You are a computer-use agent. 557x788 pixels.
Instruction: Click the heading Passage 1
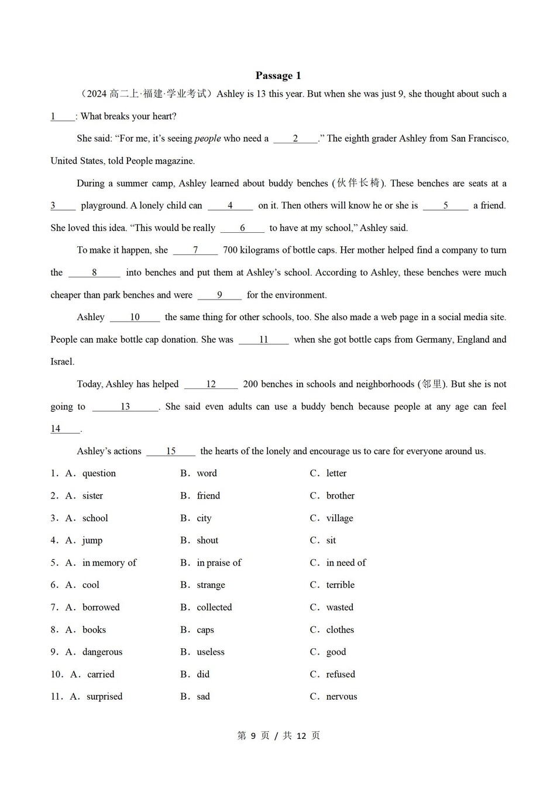click(278, 75)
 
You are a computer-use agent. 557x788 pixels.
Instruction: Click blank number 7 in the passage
click(195, 250)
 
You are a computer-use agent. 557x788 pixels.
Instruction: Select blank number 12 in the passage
click(211, 384)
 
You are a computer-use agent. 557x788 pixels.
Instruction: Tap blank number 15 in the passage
click(171, 451)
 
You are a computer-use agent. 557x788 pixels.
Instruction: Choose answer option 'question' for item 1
click(99, 473)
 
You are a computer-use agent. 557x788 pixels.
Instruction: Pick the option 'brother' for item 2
click(340, 495)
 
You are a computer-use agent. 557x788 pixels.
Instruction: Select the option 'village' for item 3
click(339, 518)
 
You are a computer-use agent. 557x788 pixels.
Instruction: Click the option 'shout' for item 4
click(207, 541)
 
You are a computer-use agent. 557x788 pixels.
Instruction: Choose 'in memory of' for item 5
click(109, 563)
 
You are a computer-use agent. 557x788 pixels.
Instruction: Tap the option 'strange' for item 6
click(211, 585)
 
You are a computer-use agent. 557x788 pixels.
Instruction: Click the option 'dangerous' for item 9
click(102, 652)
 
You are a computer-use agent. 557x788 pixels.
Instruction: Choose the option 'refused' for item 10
click(341, 675)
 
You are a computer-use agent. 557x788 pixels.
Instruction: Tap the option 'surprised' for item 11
click(104, 697)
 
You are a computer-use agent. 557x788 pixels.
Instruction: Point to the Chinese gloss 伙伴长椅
click(358, 183)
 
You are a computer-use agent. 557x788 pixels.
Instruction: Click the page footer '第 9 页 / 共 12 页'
click(278, 736)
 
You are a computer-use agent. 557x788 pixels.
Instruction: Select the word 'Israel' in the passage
click(62, 362)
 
